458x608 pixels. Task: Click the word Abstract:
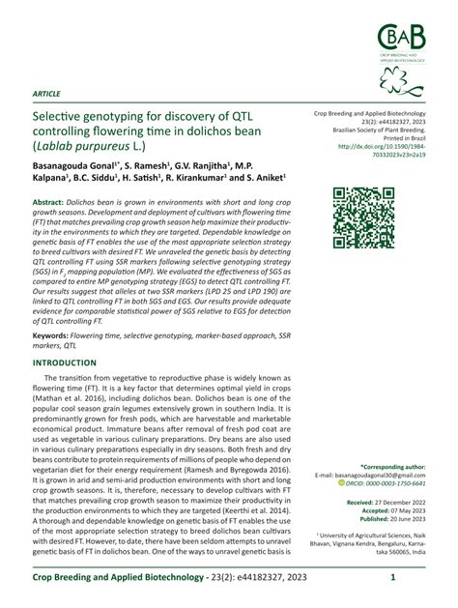click(55, 193)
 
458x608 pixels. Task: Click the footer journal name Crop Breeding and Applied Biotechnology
click(134, 578)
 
